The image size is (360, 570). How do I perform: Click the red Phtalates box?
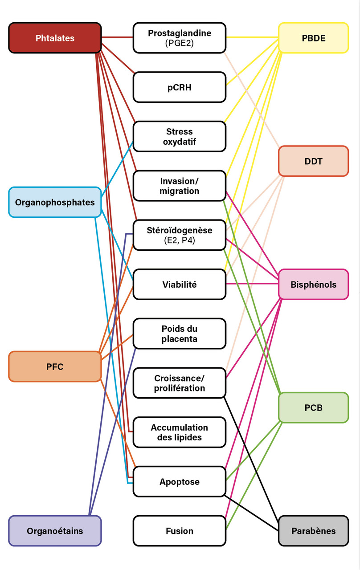(55, 38)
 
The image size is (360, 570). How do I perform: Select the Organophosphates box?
(55, 202)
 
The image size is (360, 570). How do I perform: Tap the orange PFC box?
(55, 366)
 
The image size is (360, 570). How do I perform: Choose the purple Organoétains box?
(55, 531)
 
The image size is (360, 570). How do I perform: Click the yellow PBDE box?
(313, 38)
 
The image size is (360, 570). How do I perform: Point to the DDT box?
(313, 161)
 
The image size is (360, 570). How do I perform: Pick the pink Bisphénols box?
(313, 284)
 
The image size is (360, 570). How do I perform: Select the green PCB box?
(313, 407)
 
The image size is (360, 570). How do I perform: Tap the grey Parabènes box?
(313, 531)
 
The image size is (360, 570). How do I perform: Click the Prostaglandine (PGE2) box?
(180, 38)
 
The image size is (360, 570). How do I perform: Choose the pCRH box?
(180, 87)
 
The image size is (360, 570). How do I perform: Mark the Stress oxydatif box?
(180, 136)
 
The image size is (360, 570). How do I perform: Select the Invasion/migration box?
(180, 186)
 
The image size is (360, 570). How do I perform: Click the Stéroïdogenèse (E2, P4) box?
(180, 235)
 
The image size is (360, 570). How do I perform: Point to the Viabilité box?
(180, 284)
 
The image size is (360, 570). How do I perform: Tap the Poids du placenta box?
(180, 334)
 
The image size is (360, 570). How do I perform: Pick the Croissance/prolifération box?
(180, 383)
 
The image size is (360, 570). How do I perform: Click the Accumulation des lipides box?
(180, 432)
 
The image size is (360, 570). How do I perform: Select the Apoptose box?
(180, 481)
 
